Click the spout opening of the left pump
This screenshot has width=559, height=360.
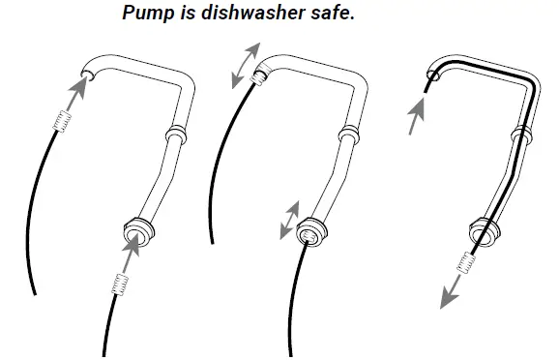coord(88,75)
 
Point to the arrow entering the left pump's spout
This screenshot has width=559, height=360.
coord(78,94)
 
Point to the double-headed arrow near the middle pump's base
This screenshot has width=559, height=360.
coord(288,219)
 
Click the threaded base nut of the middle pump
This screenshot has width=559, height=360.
coord(309,234)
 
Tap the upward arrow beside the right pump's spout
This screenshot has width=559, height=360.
coord(415,116)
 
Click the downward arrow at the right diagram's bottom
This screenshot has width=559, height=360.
coord(450,291)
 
